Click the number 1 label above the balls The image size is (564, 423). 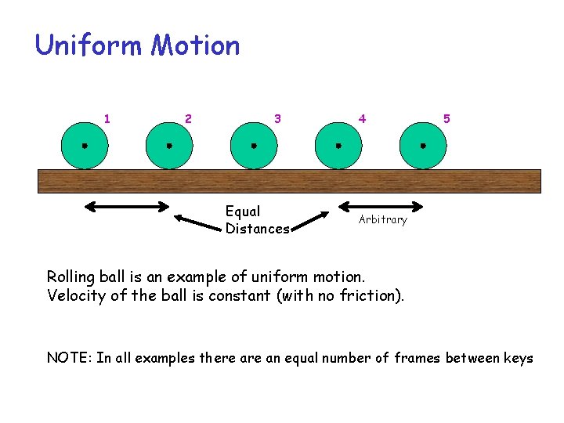[x=107, y=119]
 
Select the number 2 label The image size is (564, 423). [x=188, y=119]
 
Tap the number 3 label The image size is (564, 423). [x=277, y=119]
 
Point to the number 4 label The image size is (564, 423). [x=362, y=119]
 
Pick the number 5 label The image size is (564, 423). [x=446, y=119]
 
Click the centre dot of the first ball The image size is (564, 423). [x=85, y=146]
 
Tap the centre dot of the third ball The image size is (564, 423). [x=254, y=146]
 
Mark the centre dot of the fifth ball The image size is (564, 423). [x=423, y=146]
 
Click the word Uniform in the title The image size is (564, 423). [x=89, y=45]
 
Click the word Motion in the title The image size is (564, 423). [x=195, y=45]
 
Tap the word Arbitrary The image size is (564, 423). [x=383, y=220]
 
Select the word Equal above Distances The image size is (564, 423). [x=243, y=211]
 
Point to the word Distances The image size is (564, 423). [x=257, y=229]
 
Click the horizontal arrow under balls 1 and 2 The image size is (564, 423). [x=132, y=207]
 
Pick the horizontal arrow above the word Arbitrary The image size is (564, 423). [x=381, y=207]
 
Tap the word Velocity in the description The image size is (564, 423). [x=75, y=295]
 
